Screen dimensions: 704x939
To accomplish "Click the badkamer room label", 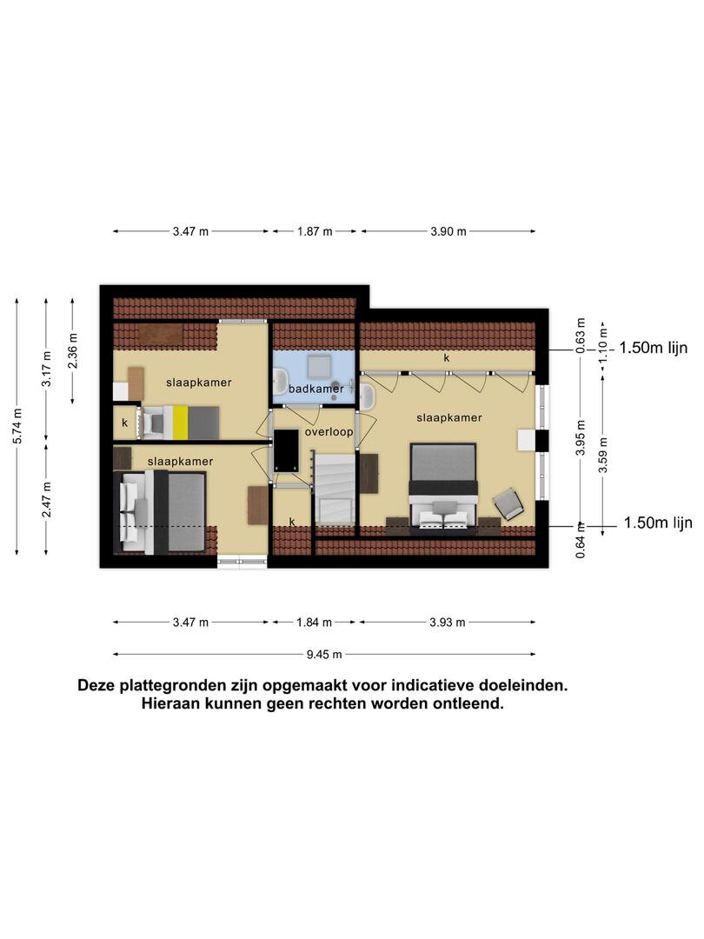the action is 316,389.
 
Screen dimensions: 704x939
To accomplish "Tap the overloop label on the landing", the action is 329,432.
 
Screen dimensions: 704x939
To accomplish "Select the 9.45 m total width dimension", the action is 324,655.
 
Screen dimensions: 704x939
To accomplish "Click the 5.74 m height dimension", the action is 17,426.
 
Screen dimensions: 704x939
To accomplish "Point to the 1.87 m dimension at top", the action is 315,231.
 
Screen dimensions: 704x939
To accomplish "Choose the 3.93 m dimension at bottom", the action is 448,623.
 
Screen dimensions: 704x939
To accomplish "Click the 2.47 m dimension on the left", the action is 47,499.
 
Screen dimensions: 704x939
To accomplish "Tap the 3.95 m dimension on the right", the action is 580,437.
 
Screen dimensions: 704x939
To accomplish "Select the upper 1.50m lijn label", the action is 653,348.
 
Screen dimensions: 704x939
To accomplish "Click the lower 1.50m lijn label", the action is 658,523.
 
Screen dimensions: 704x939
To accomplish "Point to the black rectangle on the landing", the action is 286,451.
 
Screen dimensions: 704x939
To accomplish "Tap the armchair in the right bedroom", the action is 508,503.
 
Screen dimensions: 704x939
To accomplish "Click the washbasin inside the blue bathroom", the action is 280,380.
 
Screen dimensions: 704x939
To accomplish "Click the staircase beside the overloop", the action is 335,489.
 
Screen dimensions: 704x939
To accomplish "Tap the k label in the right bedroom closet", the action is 447,358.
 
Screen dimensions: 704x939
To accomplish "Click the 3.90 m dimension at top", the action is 448,231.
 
